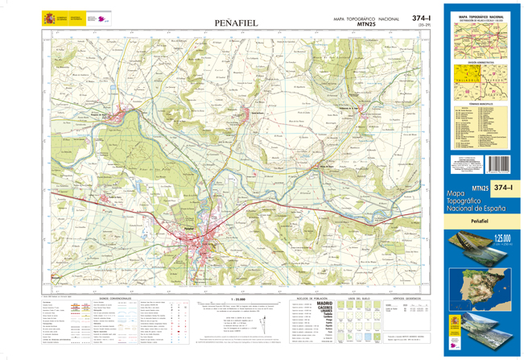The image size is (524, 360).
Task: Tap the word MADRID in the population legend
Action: click(324, 303)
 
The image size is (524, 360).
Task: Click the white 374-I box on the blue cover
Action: click(503, 188)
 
